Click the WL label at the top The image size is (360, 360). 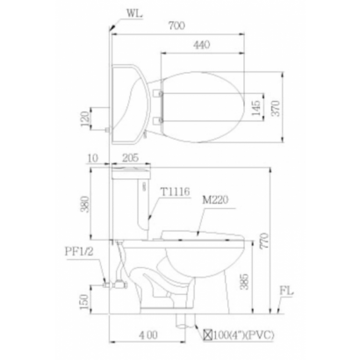pyautogui.click(x=134, y=14)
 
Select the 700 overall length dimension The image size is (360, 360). pyautogui.click(x=176, y=25)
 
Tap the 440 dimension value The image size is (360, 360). pyautogui.click(x=202, y=45)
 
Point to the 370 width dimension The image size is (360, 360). pyautogui.click(x=276, y=108)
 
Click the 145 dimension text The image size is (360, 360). pyautogui.click(x=256, y=108)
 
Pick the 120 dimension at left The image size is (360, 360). pyautogui.click(x=85, y=119)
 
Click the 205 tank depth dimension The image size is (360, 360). pyautogui.click(x=130, y=158)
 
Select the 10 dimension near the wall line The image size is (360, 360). pyautogui.click(x=93, y=158)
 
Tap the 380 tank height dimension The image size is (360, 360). pyautogui.click(x=85, y=204)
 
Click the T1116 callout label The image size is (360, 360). pyautogui.click(x=175, y=191)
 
